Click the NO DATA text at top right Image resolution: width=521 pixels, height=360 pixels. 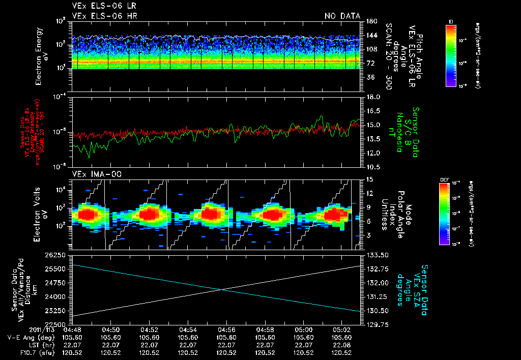click(342, 16)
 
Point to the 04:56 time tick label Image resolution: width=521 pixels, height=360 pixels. click(226, 329)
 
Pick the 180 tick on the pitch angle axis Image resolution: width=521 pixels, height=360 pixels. click(370, 21)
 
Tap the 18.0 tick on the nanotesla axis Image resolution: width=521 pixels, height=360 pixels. click(374, 97)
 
